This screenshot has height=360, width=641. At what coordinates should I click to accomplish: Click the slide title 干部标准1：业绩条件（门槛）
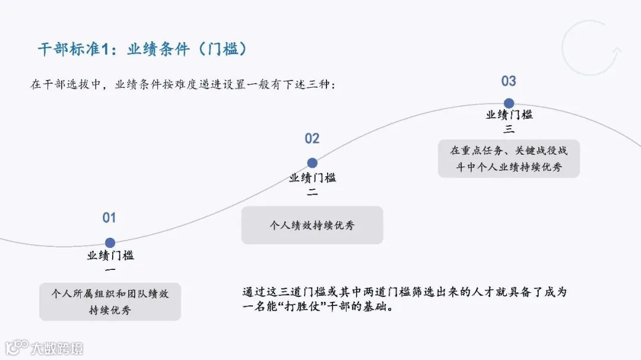tap(142, 49)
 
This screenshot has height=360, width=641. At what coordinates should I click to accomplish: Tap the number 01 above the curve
tap(109, 218)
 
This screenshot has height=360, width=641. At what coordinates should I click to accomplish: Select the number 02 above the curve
tap(312, 139)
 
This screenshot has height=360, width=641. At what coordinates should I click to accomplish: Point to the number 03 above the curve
tap(509, 81)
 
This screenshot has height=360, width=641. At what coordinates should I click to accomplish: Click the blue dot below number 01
tap(110, 243)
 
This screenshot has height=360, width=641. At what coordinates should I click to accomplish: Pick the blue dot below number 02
tap(312, 163)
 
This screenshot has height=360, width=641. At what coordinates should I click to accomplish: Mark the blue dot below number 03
tap(509, 103)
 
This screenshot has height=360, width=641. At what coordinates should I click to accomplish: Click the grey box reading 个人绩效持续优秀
tap(312, 225)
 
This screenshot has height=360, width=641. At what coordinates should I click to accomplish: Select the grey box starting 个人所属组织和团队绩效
tap(110, 302)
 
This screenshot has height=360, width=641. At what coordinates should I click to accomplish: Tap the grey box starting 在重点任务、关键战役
tap(509, 158)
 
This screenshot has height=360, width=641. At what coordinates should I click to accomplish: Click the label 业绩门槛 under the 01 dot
tap(110, 256)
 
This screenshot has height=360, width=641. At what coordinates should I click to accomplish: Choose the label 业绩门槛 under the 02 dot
tap(312, 177)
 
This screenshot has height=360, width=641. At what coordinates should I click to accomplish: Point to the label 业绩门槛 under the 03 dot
tap(509, 115)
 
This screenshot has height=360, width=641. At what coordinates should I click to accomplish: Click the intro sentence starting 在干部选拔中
tap(184, 84)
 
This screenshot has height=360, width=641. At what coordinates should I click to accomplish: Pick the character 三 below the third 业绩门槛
tap(509, 129)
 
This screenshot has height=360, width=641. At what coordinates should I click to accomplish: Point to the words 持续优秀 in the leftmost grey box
tap(110, 310)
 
